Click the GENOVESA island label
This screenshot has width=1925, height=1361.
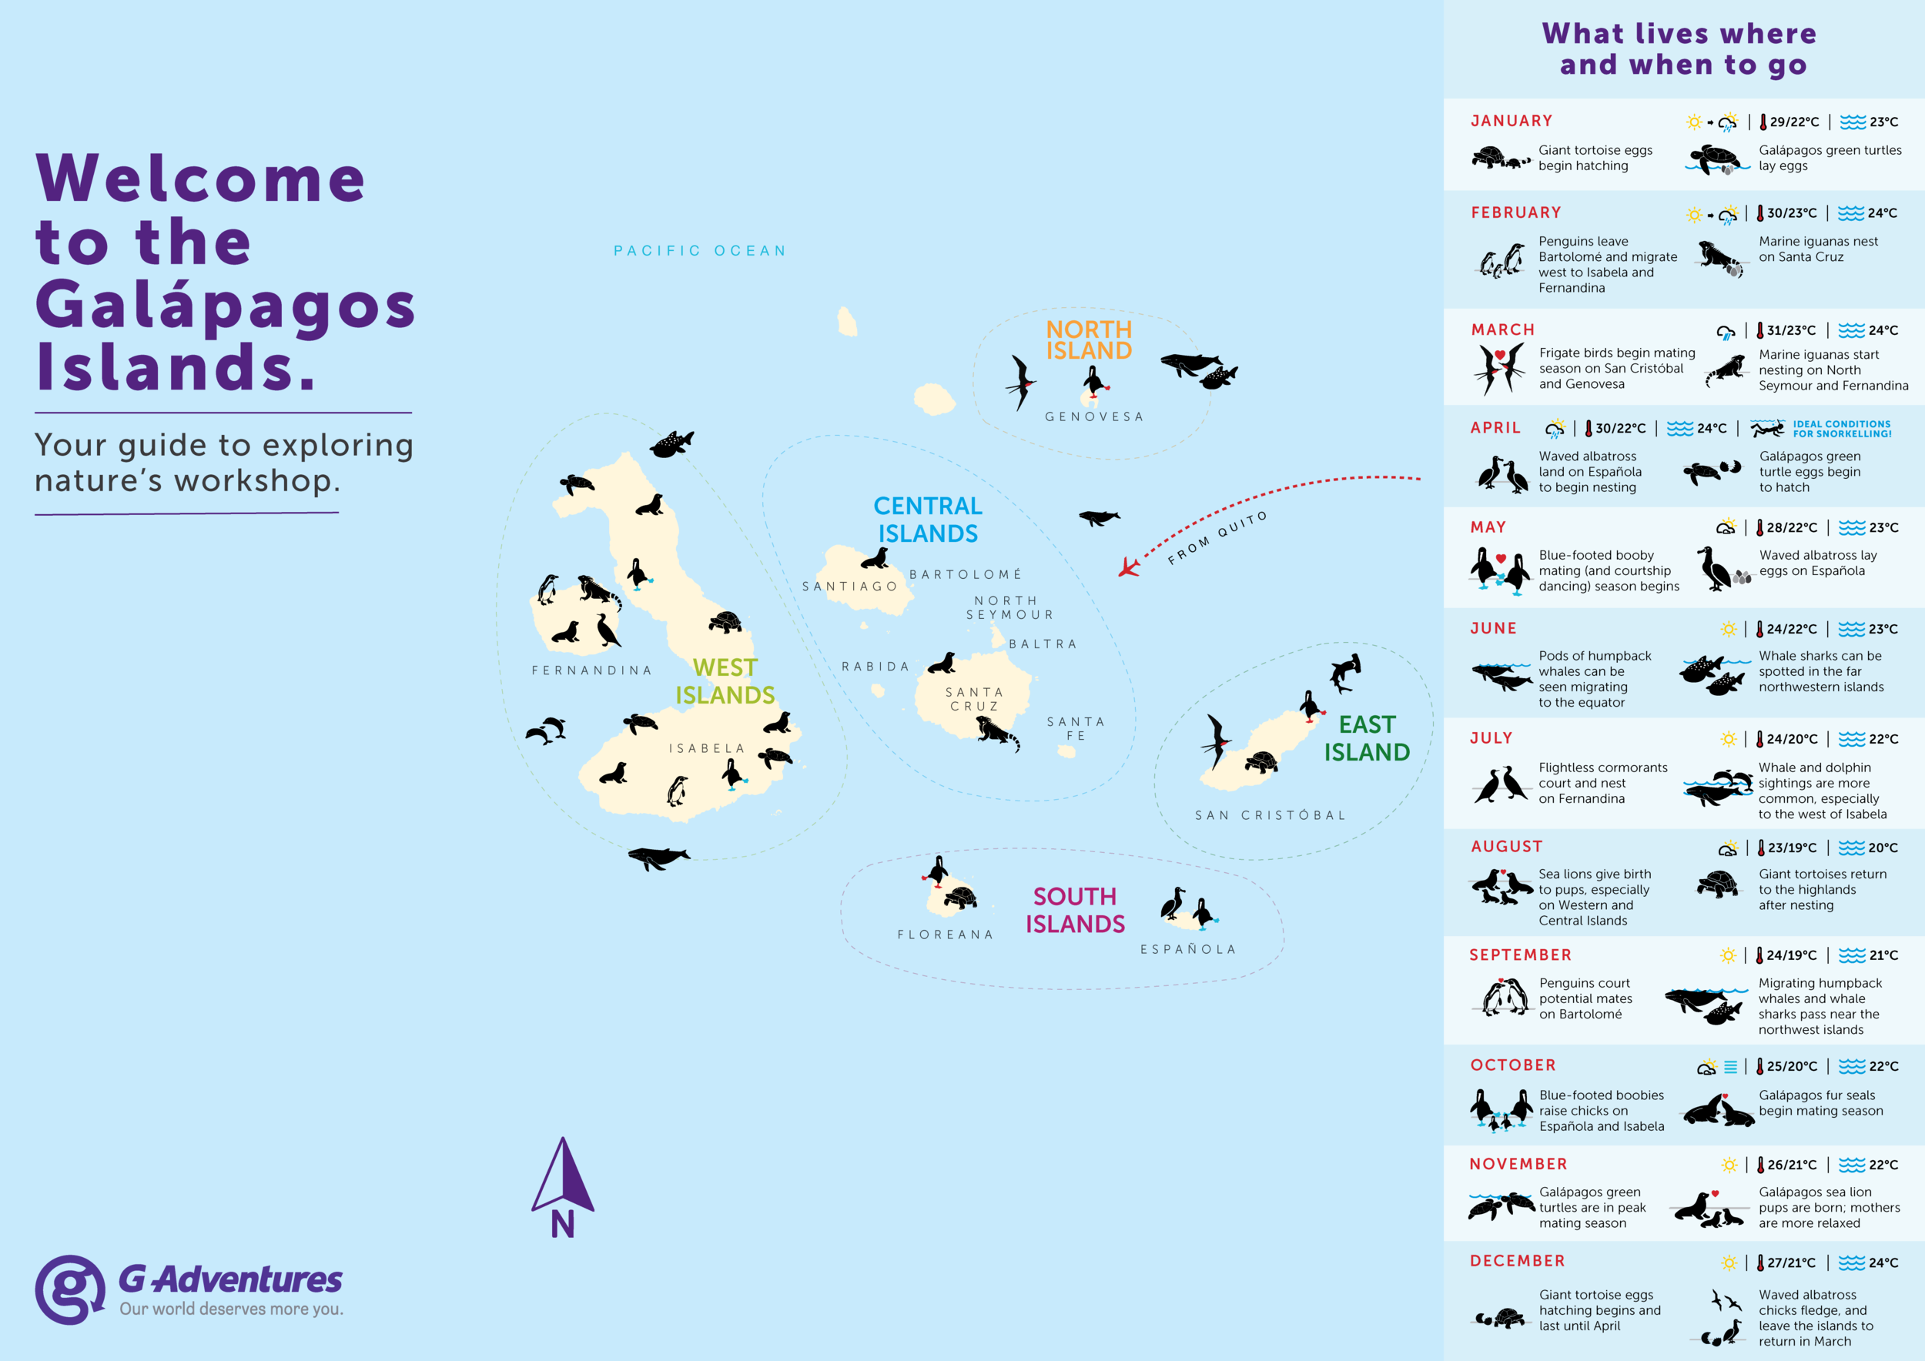coord(1093,416)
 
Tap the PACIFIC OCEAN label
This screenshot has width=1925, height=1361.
coord(700,251)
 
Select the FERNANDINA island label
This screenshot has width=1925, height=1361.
coord(591,670)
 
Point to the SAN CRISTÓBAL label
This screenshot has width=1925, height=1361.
coord(1270,815)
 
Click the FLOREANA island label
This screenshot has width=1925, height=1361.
coord(945,935)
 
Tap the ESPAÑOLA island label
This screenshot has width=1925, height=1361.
coord(1188,949)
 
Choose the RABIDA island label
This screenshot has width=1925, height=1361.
coord(875,666)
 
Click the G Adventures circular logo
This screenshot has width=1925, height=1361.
coord(70,1289)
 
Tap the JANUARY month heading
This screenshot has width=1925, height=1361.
coord(1512,121)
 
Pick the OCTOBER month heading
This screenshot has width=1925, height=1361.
coord(1512,1065)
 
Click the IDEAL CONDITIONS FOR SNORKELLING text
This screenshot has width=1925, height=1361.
coord(1841,429)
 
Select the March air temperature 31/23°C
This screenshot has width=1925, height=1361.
coord(1791,330)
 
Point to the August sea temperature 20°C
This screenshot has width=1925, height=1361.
coord(1882,848)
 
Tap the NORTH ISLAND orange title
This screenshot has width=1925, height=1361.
coord(1088,339)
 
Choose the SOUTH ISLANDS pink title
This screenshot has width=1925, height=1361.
coord(1075,910)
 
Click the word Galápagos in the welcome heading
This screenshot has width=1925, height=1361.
coord(225,305)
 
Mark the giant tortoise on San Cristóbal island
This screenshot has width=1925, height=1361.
coord(1261,762)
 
